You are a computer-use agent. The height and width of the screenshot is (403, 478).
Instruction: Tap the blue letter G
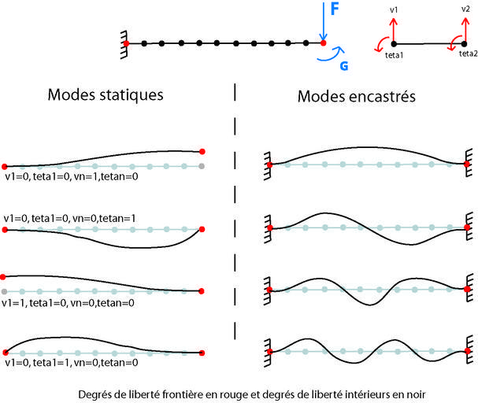pyautogui.click(x=343, y=66)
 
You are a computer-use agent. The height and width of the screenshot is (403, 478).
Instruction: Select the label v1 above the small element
pyautogui.click(x=394, y=10)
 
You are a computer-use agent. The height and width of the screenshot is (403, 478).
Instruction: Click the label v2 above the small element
pyautogui.click(x=465, y=9)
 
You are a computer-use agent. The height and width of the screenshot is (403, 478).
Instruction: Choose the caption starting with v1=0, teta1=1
pyautogui.click(x=72, y=363)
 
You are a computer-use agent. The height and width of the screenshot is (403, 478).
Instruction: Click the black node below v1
pyautogui.click(x=394, y=43)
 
